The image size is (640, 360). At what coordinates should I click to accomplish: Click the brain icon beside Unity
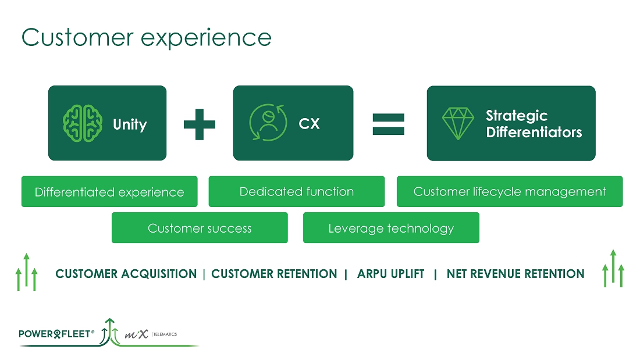(83, 123)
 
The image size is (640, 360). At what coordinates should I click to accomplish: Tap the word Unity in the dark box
(130, 124)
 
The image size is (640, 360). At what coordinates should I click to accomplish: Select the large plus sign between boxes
(200, 123)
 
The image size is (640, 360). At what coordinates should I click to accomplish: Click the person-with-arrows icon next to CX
(268, 123)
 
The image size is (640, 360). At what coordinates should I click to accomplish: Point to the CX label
(309, 124)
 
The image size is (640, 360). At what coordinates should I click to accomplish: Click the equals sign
(389, 123)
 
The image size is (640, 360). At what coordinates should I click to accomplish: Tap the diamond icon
(457, 123)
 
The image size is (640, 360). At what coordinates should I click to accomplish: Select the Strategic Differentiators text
(534, 124)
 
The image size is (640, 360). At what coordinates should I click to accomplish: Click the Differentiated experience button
(109, 192)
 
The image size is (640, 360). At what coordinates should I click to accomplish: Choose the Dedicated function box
(297, 191)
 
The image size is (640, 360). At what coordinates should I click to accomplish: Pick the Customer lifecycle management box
(510, 191)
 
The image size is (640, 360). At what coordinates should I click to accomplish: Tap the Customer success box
(200, 228)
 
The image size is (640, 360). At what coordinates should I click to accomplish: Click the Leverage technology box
(391, 228)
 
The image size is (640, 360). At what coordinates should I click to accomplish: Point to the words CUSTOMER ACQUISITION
(126, 274)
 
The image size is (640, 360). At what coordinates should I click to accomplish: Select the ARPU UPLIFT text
(390, 274)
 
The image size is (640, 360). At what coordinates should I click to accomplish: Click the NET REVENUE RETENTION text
(515, 274)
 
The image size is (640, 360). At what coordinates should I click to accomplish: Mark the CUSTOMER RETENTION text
(274, 274)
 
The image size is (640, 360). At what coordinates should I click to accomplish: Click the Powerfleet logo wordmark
(56, 334)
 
